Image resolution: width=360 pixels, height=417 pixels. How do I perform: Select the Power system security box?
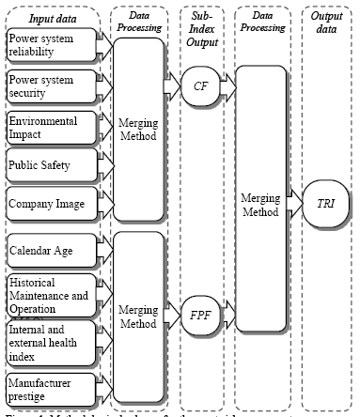tap(47, 89)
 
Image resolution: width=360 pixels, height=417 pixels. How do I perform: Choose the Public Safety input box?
tap(47, 166)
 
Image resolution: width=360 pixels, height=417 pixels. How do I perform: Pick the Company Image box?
tap(47, 203)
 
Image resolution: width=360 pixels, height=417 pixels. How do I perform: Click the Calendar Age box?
tap(47, 251)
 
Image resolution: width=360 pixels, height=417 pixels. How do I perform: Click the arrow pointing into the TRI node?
tap(293, 201)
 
